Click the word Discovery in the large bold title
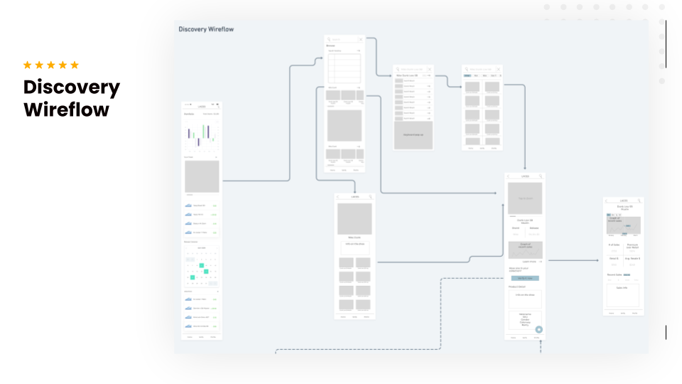point(72,87)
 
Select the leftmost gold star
point(28,65)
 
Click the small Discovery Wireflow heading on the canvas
point(206,29)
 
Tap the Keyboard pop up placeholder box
point(413,134)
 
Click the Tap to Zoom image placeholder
point(525,198)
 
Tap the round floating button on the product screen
point(538,329)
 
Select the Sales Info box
point(622,295)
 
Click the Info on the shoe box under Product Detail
point(525,298)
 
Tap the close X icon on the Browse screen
point(360,40)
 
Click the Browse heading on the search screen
point(331,46)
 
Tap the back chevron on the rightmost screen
point(606,201)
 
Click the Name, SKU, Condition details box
point(525,319)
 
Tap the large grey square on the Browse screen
point(344,126)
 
